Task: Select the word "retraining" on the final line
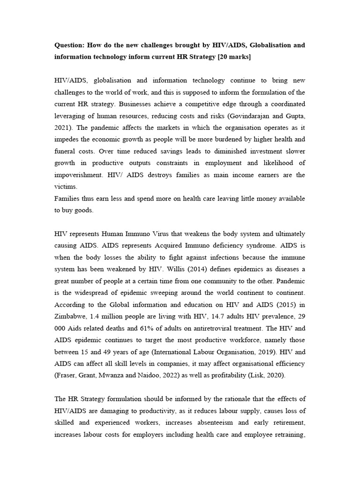click(287, 435)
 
